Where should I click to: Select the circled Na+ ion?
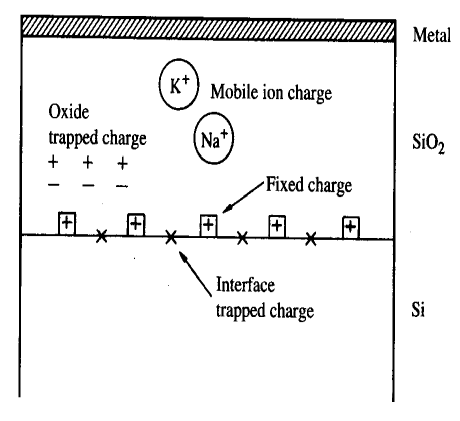212,140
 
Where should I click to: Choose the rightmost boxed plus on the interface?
350,226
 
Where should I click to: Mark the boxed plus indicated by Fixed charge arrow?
208,224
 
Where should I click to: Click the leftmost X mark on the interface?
100,237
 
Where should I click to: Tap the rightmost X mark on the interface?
312,238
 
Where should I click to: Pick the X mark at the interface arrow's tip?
171,237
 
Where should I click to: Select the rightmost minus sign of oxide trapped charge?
122,186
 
